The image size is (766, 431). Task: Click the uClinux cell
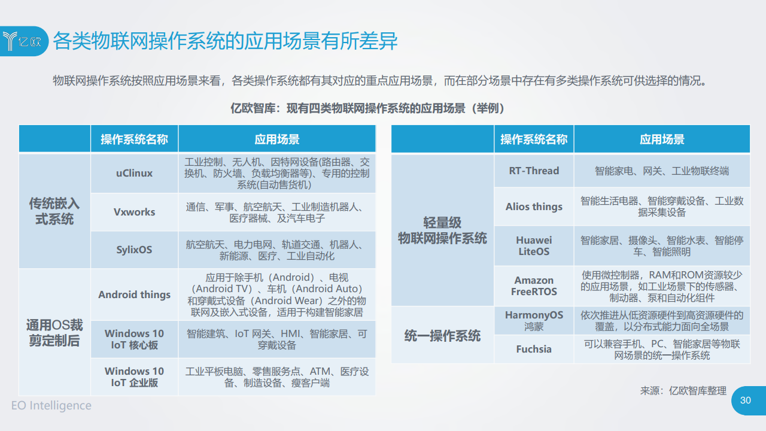(x=135, y=173)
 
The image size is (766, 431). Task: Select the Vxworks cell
(x=135, y=212)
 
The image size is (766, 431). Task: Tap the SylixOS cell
(x=135, y=250)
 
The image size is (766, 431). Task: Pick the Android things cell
(x=135, y=295)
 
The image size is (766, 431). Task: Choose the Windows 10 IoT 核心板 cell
(x=135, y=339)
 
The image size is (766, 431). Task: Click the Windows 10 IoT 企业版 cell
(x=135, y=377)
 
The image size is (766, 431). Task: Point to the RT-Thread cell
(x=534, y=171)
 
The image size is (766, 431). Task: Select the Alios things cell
(x=534, y=207)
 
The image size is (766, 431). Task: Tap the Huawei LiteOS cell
(x=534, y=245)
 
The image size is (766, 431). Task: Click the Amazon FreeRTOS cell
(x=534, y=286)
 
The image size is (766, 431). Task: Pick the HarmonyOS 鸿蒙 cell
(x=534, y=320)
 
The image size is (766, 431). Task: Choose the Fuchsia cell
(x=534, y=349)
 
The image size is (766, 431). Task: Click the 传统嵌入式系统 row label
(x=54, y=211)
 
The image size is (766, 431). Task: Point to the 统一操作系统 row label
(x=442, y=336)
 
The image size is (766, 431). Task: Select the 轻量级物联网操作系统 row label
(x=442, y=230)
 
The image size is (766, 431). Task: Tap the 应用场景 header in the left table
(x=277, y=139)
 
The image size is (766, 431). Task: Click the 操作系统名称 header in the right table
(x=534, y=139)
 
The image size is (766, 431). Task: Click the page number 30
(x=746, y=400)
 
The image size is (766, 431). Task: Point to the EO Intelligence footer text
(x=51, y=405)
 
